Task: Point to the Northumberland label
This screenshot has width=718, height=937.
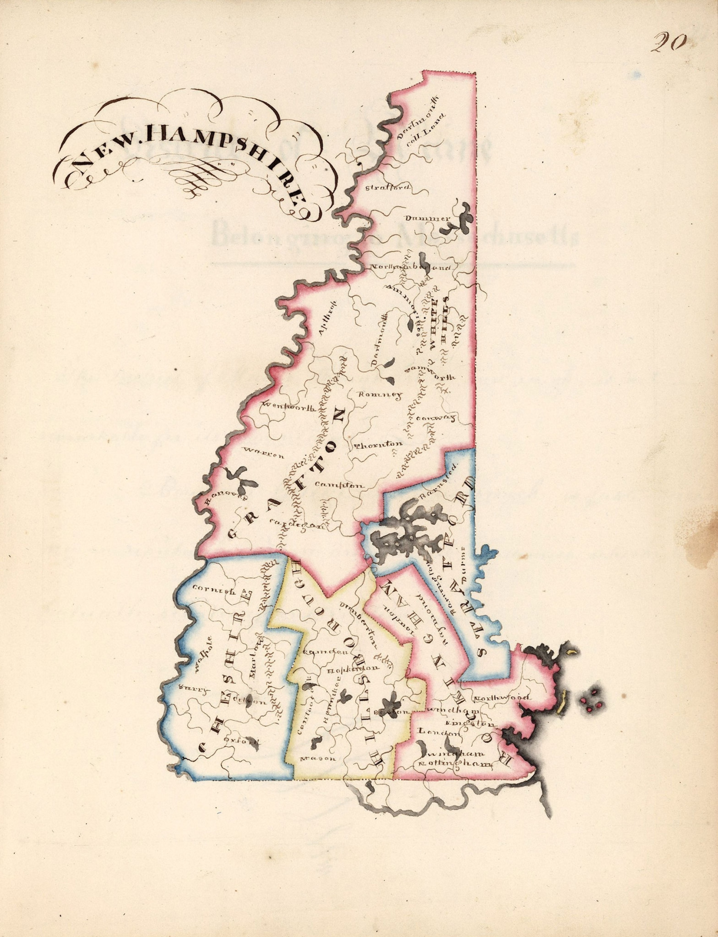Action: pos(410,268)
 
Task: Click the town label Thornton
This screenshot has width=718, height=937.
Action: pos(379,445)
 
